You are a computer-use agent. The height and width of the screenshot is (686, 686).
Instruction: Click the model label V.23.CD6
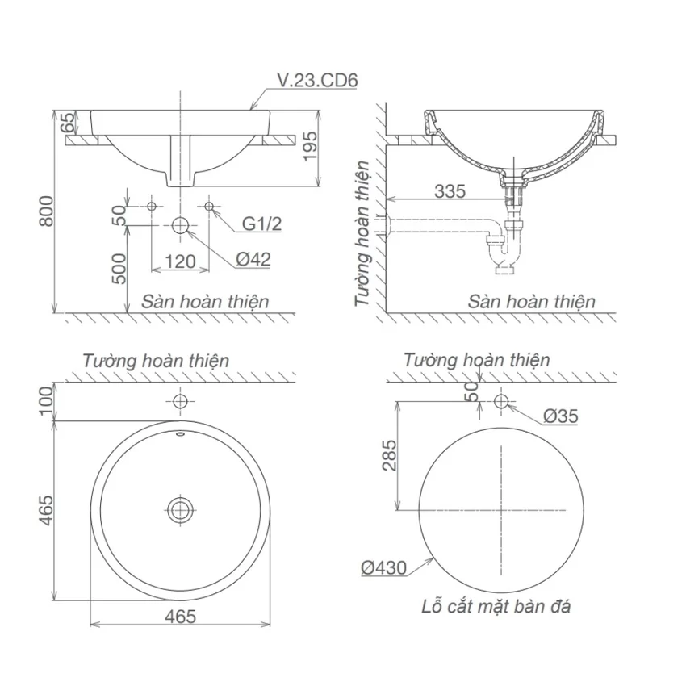click(318, 81)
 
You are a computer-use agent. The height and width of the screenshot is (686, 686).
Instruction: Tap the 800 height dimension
click(46, 211)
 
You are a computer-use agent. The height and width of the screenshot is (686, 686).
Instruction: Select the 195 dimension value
click(310, 147)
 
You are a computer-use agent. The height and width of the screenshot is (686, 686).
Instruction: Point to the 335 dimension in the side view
click(450, 191)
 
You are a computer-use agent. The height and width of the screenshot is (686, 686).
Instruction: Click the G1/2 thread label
click(261, 224)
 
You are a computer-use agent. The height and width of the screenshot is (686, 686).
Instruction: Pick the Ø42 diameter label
click(253, 259)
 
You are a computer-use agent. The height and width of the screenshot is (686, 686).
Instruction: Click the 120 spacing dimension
click(180, 261)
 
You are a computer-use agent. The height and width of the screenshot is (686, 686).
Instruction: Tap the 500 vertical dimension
click(119, 269)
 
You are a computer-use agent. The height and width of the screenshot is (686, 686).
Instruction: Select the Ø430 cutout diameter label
click(383, 568)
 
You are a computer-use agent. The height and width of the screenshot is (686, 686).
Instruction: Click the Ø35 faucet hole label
click(560, 416)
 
